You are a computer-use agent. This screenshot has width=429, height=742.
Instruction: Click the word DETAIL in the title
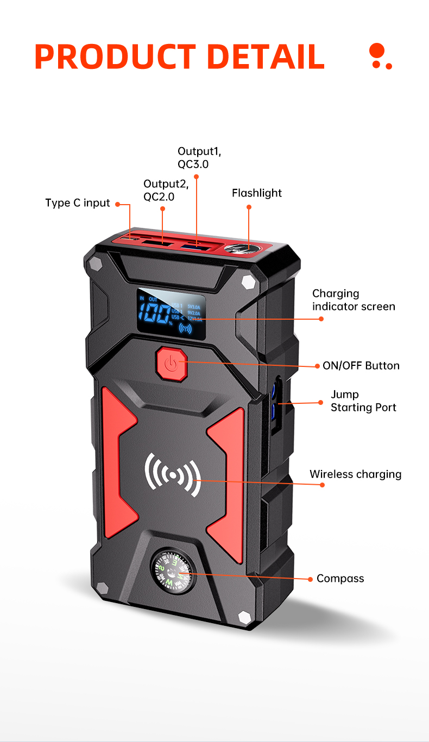[x=266, y=56]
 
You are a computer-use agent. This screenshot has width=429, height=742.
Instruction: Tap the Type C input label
[x=78, y=203]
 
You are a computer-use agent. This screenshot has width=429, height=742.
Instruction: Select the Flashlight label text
[x=257, y=193]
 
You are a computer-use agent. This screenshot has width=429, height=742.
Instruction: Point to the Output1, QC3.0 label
[x=199, y=157]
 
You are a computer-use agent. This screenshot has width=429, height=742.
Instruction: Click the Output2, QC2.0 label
[x=166, y=191]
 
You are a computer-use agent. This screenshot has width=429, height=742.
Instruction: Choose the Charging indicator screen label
[x=354, y=300]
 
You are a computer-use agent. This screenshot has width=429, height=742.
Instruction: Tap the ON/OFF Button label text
[x=361, y=366]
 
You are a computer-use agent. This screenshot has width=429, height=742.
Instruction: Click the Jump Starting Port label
[x=363, y=401]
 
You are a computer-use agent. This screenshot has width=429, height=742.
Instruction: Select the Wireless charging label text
[x=356, y=474]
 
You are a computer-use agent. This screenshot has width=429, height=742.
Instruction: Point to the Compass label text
[x=340, y=579]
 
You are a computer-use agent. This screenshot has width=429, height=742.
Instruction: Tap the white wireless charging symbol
[x=173, y=475]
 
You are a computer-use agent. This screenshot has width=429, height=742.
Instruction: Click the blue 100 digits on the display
[x=153, y=313]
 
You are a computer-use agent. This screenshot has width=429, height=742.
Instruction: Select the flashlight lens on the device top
[x=242, y=249]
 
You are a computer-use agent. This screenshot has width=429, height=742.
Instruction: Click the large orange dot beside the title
[x=376, y=51]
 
